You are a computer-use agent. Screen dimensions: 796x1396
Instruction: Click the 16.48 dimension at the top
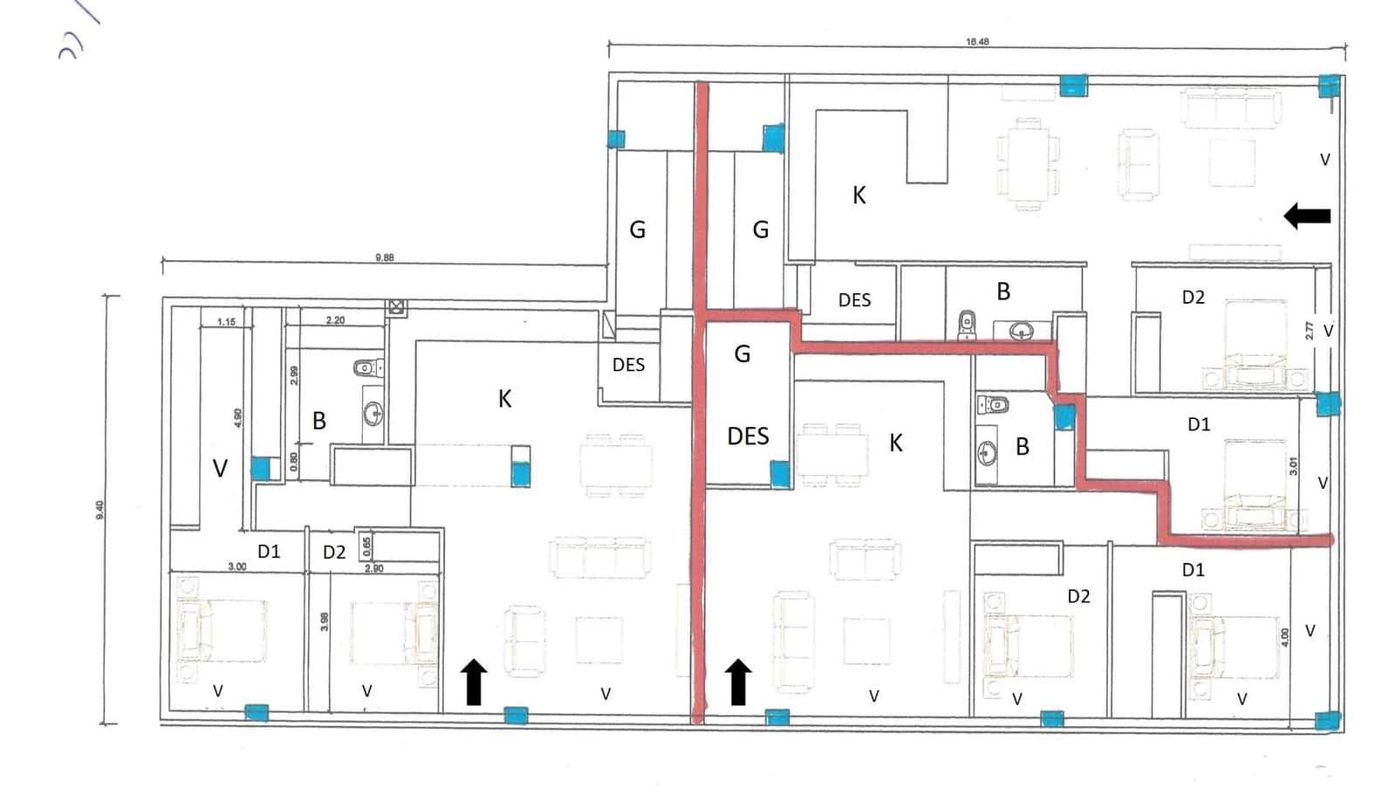977,41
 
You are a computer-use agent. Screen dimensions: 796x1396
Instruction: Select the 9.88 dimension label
384,257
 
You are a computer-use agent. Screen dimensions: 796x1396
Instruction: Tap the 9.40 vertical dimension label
100,509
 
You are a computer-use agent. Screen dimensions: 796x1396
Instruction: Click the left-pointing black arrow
1307,216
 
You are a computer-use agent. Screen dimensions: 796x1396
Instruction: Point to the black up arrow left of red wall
473,682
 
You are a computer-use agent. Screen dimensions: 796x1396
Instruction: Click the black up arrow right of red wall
738,682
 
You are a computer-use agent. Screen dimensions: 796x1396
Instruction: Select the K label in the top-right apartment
859,196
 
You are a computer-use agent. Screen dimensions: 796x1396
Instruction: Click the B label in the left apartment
319,421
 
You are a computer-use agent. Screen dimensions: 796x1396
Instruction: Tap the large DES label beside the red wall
748,436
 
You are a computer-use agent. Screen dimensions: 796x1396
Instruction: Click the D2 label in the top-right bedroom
1193,298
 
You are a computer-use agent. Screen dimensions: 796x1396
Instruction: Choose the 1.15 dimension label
226,322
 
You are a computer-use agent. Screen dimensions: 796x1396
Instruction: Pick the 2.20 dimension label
335,320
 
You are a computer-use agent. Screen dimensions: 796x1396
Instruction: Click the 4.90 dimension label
237,417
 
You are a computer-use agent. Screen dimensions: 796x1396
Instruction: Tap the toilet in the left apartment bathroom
366,367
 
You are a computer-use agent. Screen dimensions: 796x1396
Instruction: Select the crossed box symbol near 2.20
397,306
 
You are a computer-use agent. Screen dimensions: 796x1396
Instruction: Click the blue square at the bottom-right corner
1327,721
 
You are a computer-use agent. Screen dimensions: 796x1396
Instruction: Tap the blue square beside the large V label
260,469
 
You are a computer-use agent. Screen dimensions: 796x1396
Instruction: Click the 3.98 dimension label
324,621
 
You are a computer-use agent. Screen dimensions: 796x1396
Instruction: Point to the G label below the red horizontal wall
742,353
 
